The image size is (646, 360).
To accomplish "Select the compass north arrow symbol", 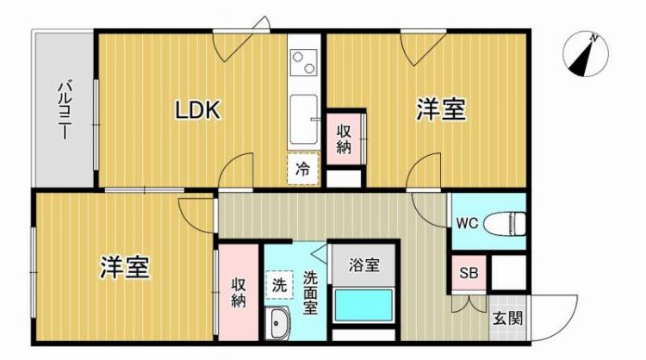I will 584,53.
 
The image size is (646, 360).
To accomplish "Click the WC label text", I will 467,223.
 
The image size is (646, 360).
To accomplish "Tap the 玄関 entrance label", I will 506,318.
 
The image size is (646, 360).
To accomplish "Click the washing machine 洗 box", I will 280,282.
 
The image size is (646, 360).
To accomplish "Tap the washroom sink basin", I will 281,325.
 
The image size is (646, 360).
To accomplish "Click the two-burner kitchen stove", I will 304,61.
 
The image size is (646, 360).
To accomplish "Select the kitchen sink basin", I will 304,118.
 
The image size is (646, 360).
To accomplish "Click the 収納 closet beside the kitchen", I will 345,139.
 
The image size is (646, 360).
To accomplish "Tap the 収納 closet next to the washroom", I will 239,293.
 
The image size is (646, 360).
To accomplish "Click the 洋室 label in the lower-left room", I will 125,267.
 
